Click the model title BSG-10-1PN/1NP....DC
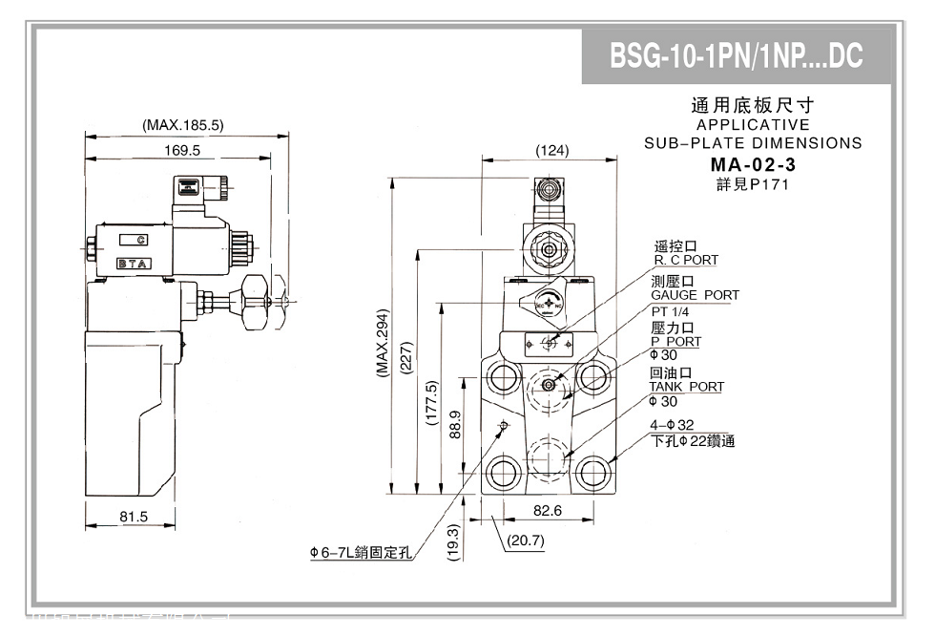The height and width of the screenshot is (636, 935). point(736,56)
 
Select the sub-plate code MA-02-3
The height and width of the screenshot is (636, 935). point(753,164)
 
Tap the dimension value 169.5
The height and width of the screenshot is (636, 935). point(182,150)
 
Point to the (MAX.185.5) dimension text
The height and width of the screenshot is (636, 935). point(182,124)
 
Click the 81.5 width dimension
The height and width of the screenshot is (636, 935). point(132,516)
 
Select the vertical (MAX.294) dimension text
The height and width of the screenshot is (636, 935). point(382,343)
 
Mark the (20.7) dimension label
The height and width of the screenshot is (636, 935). point(526,541)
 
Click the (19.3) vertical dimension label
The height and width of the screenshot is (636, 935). point(454,541)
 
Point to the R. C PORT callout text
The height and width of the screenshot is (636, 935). point(686,260)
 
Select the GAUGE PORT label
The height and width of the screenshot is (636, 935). point(695,295)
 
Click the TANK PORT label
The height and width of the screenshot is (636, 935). point(686,387)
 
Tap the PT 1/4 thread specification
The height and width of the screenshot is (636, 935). point(672,311)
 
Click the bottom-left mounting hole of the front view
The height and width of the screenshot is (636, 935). point(502,470)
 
